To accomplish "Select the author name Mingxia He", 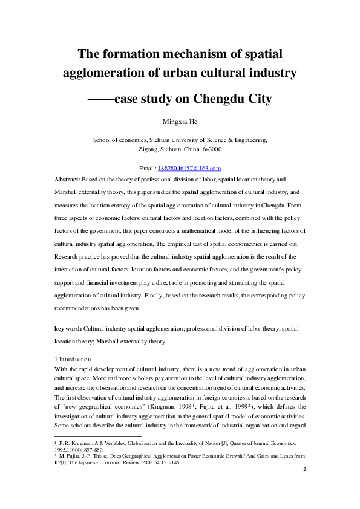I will click(x=180, y=122).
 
